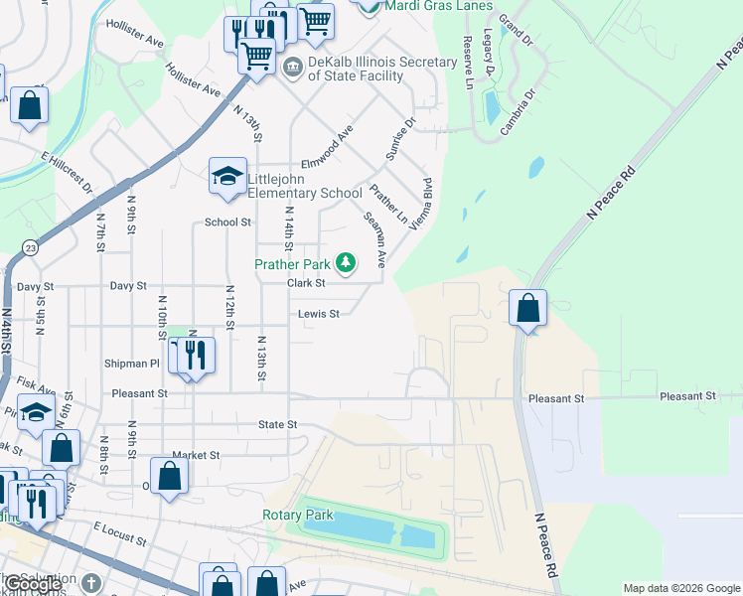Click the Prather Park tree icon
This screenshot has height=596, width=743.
point(346,263)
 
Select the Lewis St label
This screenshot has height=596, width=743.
point(319,314)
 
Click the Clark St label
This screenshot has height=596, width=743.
point(306,283)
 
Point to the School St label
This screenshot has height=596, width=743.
point(227,223)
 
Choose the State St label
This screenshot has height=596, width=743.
point(278,424)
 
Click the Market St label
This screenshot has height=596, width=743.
point(195,455)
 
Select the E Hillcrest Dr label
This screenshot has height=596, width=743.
point(68,171)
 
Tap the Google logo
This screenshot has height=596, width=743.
point(33,585)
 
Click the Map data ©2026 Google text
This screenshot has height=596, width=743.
point(681,588)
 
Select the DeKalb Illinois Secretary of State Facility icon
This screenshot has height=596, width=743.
point(293,69)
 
